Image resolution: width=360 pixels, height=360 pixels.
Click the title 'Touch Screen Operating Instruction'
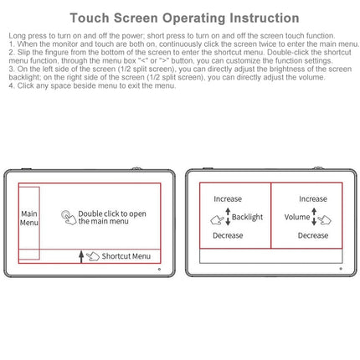pyautogui.click(x=184, y=18)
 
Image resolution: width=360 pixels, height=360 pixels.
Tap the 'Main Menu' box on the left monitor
pyautogui.click(x=28, y=219)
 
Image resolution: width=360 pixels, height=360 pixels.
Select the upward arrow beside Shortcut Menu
pyautogui.click(x=81, y=256)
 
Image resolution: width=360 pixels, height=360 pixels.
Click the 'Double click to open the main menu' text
pyautogui.click(x=112, y=218)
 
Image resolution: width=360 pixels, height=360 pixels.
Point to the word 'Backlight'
pyautogui.click(x=247, y=217)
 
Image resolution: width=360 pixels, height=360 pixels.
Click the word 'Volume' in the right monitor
pyautogui.click(x=296, y=217)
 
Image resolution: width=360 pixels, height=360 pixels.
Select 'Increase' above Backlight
pyautogui.click(x=228, y=199)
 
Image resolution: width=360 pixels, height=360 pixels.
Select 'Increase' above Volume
pyautogui.click(x=313, y=199)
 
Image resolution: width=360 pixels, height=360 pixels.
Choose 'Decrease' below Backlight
pyautogui.click(x=228, y=235)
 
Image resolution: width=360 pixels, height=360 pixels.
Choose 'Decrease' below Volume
pyautogui.click(x=313, y=235)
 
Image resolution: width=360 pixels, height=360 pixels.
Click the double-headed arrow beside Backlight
pyautogui.click(x=226, y=217)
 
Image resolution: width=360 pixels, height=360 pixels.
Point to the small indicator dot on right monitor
pyautogui.click(x=340, y=270)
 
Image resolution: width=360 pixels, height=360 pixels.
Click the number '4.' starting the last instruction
pyautogui.click(x=11, y=85)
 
